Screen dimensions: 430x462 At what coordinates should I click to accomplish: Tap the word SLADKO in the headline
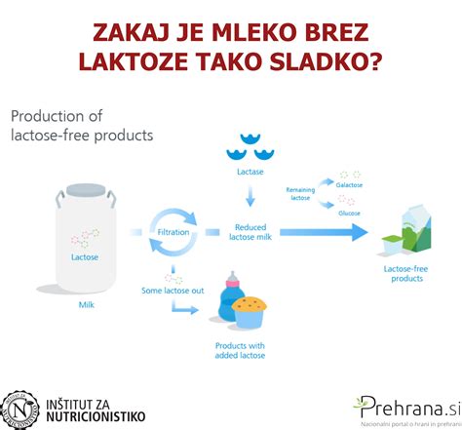click(x=333, y=61)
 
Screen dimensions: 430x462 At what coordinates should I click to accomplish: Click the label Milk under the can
click(x=87, y=304)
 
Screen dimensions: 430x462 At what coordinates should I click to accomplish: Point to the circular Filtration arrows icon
click(x=173, y=233)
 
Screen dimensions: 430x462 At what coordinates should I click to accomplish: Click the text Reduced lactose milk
click(x=250, y=230)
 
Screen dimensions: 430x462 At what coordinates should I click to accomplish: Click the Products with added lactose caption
click(x=241, y=349)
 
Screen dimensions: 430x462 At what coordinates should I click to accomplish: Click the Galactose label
click(x=351, y=182)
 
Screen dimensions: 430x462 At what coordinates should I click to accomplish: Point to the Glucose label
click(x=349, y=213)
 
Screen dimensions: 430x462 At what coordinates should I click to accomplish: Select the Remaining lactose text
click(x=300, y=193)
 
